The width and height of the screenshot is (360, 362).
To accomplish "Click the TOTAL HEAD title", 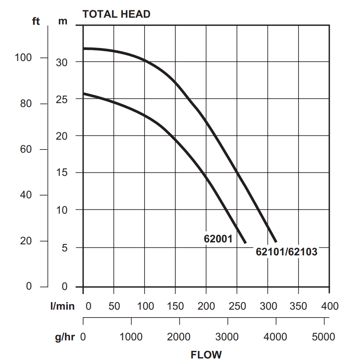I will click(116, 15).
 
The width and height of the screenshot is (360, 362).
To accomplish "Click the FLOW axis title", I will click(206, 355).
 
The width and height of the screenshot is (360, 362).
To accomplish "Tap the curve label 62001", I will click(218, 238).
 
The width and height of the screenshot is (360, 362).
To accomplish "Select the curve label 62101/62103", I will click(286, 252).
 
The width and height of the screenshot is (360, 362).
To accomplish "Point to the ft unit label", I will click(36, 22).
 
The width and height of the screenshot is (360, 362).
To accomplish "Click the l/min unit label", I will click(63, 306).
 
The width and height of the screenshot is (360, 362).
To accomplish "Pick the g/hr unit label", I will click(65, 337).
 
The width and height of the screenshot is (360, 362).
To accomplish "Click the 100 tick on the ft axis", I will click(23, 57).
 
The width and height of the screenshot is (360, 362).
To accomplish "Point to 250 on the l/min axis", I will click(237, 306).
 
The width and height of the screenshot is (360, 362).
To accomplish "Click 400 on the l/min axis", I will click(330, 306).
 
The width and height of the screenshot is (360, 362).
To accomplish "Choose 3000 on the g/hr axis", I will click(228, 337).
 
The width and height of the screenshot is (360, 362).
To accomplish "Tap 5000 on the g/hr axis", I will click(324, 337).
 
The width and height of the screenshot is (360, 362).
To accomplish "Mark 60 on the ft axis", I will click(26, 150).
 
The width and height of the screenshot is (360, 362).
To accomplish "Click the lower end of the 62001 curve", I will click(245, 242).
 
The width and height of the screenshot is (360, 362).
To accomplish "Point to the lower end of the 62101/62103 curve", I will click(275, 241).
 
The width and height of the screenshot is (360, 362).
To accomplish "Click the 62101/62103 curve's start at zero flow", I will click(84, 48).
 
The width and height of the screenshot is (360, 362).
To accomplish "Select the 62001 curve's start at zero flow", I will click(84, 94).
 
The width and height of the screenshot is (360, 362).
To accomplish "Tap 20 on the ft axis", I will click(26, 241).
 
